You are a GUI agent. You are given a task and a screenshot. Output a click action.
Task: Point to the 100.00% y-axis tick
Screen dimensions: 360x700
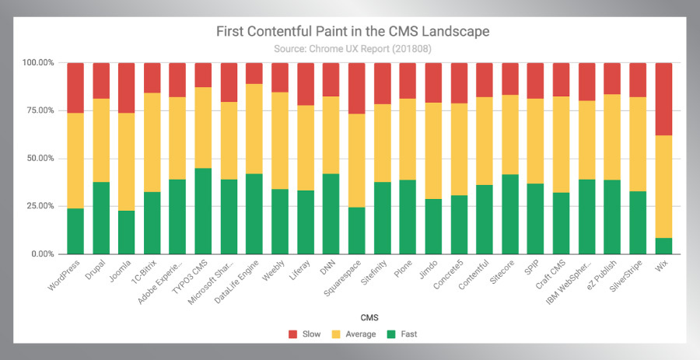38,62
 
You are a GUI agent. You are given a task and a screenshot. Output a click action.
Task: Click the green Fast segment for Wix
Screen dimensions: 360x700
663,246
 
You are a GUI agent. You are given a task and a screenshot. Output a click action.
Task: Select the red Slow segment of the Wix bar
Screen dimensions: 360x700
663,99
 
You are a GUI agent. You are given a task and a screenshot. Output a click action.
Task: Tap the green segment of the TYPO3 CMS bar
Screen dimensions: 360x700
203,211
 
